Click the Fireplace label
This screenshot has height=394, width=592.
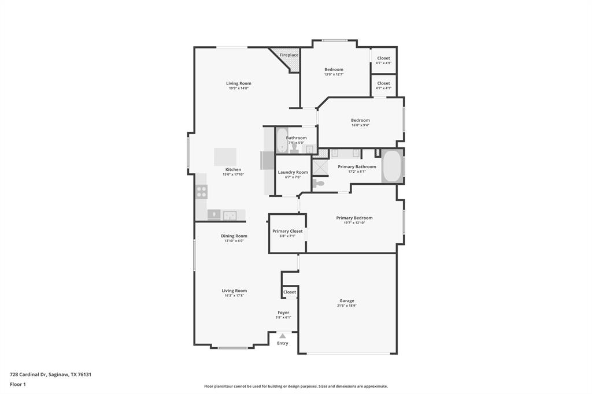289,55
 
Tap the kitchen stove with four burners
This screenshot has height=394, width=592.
201,192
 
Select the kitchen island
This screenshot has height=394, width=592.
225,157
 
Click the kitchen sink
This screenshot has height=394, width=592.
230,215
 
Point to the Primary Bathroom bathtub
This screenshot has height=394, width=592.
392,166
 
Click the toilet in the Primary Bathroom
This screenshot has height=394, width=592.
319,183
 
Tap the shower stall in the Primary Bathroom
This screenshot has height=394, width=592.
320,167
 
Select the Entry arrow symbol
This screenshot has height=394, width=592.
282,336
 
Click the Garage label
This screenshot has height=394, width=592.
347,300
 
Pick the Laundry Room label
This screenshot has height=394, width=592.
293,172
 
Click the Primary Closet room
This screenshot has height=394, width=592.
287,233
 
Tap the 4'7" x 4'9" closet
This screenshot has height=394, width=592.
383,60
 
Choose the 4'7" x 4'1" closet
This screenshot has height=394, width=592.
383,86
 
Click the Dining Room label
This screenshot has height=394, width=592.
234,236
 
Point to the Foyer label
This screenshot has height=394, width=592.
283,313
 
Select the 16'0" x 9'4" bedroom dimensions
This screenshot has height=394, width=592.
360,125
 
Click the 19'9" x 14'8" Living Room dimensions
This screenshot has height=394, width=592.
239,88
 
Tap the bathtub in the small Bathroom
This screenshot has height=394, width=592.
282,140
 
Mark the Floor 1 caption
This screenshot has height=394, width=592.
18,384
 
